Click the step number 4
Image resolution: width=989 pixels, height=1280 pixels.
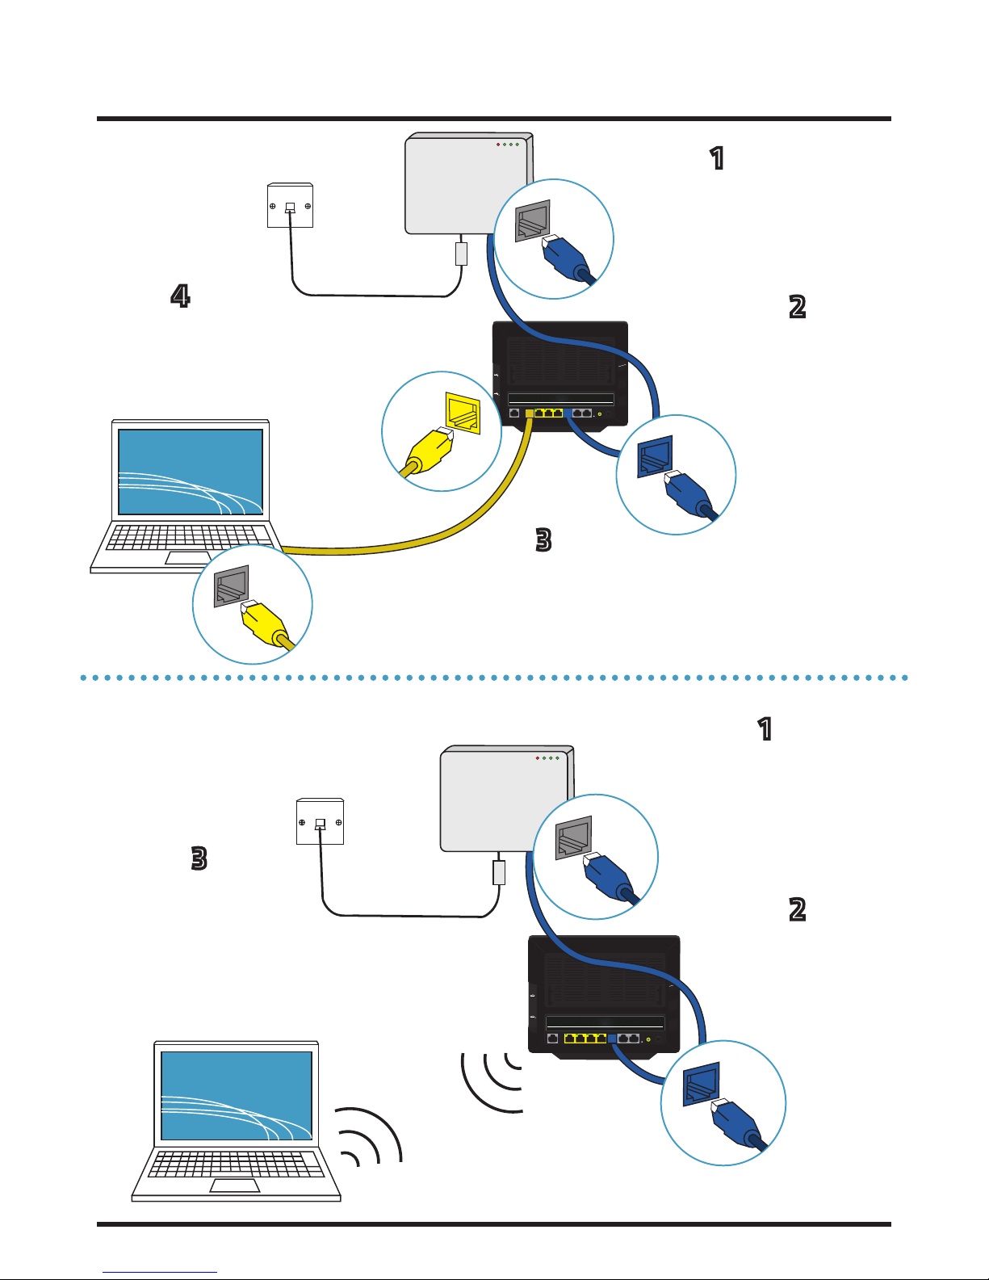(x=180, y=296)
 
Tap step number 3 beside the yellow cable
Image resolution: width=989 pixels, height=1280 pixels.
(x=543, y=539)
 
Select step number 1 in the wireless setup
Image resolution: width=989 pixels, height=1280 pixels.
(x=765, y=729)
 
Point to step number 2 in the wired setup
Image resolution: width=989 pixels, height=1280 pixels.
(x=797, y=307)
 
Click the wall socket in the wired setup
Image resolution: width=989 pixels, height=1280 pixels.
(x=290, y=206)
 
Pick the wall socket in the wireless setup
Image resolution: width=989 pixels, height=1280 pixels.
(x=320, y=822)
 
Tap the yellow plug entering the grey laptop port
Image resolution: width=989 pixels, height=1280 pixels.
(x=263, y=623)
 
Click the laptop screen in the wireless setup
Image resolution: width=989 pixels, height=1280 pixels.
(x=237, y=1095)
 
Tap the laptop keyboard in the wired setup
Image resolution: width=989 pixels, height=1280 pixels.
(x=189, y=537)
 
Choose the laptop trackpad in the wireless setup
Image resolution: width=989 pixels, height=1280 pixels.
(x=235, y=1185)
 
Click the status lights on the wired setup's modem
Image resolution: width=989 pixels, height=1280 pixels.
(x=507, y=145)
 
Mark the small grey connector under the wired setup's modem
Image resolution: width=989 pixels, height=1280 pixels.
(x=461, y=254)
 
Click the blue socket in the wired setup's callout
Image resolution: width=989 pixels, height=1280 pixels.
(x=654, y=458)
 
